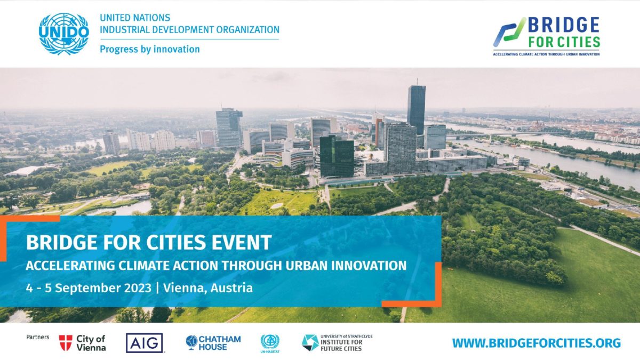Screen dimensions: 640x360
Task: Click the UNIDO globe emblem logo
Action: (x=63, y=34)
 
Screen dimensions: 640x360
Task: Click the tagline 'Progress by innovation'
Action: (x=150, y=49)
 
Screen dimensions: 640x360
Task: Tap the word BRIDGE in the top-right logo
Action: (x=563, y=25)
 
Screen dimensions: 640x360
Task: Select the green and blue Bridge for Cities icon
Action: (x=509, y=32)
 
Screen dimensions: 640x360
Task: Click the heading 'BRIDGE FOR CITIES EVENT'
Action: (x=149, y=242)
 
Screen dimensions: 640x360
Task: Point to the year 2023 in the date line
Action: (x=138, y=287)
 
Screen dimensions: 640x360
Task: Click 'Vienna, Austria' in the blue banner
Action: (x=208, y=287)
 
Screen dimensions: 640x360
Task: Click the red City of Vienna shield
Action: (x=66, y=343)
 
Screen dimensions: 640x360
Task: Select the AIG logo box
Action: (x=145, y=343)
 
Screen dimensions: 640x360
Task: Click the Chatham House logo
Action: (x=213, y=343)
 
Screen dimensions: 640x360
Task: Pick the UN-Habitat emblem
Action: (x=270, y=343)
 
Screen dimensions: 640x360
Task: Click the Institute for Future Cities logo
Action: (x=337, y=343)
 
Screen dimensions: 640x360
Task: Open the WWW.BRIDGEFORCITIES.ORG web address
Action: (x=537, y=343)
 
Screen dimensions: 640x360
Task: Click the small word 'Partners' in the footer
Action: (x=38, y=337)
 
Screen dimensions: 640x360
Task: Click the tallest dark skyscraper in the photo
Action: (x=417, y=110)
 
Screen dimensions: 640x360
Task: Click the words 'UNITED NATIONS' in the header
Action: (x=135, y=18)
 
